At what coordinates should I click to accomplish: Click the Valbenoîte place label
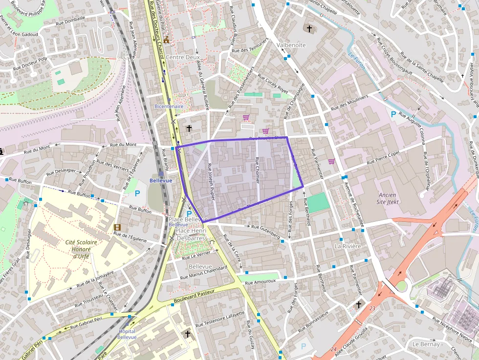point(291,45)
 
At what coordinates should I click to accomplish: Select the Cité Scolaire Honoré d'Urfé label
point(81,249)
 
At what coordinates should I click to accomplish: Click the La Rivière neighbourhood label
point(348,246)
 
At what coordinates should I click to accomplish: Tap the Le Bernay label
point(426,344)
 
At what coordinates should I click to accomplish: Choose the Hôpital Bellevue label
point(127,334)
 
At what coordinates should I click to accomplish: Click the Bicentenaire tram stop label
point(169,106)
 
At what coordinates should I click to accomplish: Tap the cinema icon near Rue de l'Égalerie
point(117,227)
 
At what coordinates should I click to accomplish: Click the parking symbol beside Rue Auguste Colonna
point(393,114)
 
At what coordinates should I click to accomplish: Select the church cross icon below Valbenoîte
point(309,29)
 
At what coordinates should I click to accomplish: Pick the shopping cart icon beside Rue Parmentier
point(331,161)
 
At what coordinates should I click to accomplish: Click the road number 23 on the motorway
point(372,308)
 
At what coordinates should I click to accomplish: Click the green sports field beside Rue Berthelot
point(318,202)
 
